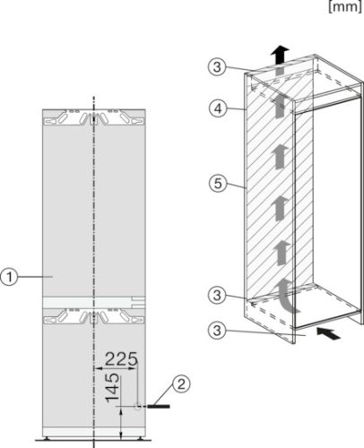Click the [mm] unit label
pyautogui.click(x=346, y=7)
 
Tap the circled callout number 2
pyautogui.click(x=182, y=384)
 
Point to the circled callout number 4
pyautogui.click(x=214, y=110)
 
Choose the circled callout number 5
pyautogui.click(x=214, y=186)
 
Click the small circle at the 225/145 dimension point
pyautogui.click(x=136, y=405)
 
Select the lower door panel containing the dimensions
pyautogui.click(x=63, y=376)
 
